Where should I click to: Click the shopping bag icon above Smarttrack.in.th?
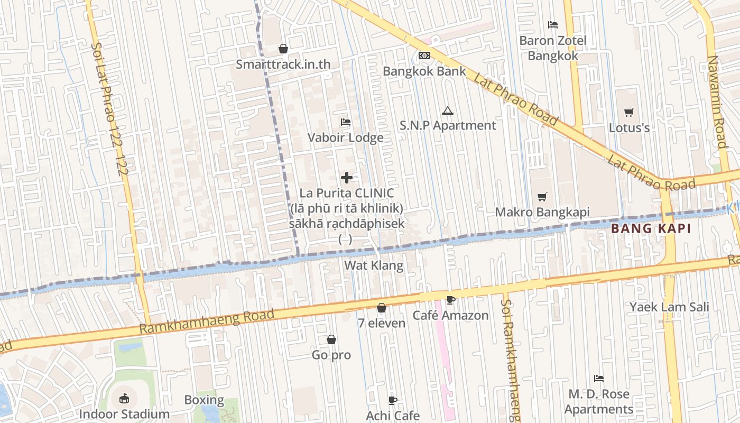coord(283,49)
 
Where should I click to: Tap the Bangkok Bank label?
coord(424,71)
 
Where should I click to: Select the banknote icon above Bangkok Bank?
coord(424,56)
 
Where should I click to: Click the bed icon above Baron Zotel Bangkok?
coord(553,25)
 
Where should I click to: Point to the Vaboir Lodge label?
coord(346,138)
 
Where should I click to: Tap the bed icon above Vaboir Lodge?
coord(346,122)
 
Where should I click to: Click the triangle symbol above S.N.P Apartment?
coord(448,111)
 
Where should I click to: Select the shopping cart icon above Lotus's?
coord(628,112)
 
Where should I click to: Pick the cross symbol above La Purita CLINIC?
coord(347,178)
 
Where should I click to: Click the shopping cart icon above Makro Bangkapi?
coord(542,197)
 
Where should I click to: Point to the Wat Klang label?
coord(374,265)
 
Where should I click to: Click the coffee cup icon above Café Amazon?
coord(450,300)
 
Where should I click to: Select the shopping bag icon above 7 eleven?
coord(382,308)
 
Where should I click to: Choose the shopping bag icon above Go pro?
coord(331,339)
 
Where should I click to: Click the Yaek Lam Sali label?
coord(669,307)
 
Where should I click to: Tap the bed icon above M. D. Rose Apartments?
coord(599,379)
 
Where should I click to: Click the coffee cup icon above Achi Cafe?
coord(392,400)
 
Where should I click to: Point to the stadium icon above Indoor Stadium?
coord(124,398)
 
